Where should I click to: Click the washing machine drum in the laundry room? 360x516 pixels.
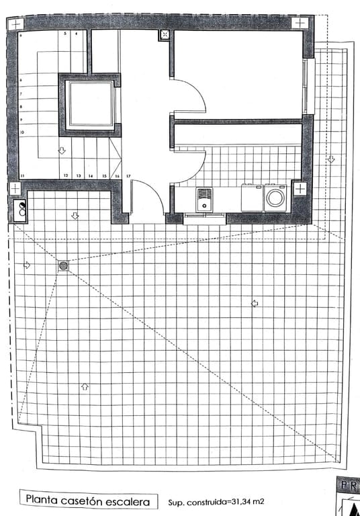pyautogui.click(x=275, y=198)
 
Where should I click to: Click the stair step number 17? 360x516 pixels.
pyautogui.click(x=128, y=175)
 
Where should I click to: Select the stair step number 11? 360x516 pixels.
pyautogui.click(x=23, y=175)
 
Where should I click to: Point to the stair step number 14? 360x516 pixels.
pyautogui.click(x=90, y=175)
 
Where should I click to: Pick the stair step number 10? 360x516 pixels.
pyautogui.click(x=23, y=132)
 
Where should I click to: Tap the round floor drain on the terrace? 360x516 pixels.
pyautogui.click(x=63, y=266)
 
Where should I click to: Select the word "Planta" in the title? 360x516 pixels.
pyautogui.click(x=41, y=500)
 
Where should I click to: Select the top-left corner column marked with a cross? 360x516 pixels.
pyautogui.click(x=15, y=23)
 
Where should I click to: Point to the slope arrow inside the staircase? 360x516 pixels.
pyautogui.click(x=61, y=151)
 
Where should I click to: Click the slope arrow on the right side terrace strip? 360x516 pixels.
pyautogui.click(x=330, y=160)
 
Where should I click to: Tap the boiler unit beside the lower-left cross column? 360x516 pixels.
pyautogui.click(x=21, y=210)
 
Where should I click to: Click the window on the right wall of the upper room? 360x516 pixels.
pyautogui.click(x=307, y=86)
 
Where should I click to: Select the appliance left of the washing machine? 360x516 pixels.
pyautogui.click(x=252, y=198)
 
